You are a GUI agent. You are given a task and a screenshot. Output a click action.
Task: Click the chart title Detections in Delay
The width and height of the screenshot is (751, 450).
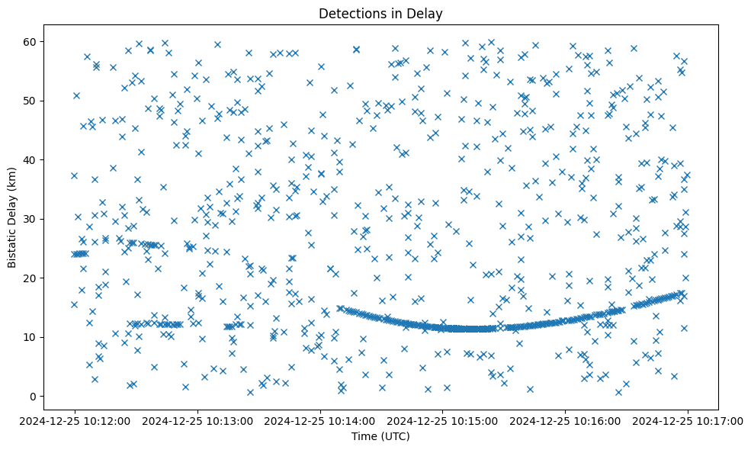[x=380, y=13]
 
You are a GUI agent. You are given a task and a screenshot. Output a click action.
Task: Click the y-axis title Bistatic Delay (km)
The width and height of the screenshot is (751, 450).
[x=12, y=217]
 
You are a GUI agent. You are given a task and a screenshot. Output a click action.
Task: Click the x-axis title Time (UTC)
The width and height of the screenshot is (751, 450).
[x=380, y=436]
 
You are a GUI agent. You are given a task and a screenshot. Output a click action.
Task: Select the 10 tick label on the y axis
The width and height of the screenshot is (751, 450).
[x=30, y=337]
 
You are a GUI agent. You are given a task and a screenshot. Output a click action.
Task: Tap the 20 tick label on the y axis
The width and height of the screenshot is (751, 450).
[x=30, y=278]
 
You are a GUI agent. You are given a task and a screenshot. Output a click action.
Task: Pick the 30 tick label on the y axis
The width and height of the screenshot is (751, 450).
[x=30, y=219]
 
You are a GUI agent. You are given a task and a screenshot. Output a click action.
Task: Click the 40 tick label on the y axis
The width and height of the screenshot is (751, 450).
[x=30, y=159]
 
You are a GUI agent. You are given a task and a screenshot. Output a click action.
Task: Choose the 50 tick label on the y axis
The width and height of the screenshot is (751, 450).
[x=30, y=101]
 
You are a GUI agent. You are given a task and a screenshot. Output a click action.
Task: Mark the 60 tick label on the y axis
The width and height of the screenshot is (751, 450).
[x=30, y=41]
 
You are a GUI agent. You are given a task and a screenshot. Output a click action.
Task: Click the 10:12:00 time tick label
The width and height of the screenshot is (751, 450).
[x=75, y=420]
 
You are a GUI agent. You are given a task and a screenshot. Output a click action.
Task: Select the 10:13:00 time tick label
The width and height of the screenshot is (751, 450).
[x=197, y=420]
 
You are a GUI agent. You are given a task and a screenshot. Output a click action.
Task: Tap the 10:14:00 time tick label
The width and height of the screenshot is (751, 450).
[x=320, y=420]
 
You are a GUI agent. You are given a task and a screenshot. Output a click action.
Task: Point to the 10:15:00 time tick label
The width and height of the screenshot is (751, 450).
[x=442, y=420]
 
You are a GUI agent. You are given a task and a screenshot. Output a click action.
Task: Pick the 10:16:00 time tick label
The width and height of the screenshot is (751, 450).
[x=565, y=420]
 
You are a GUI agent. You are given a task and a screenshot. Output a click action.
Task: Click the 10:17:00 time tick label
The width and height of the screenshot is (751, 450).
[x=688, y=420]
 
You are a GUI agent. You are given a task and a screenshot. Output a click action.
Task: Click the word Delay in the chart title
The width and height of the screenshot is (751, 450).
[x=428, y=13]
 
